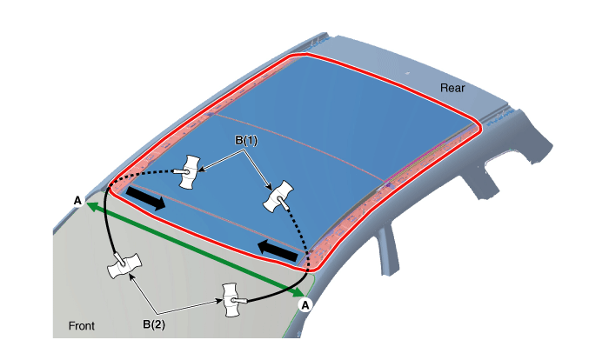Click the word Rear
[x=452, y=88]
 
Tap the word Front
[x=82, y=326]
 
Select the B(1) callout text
[x=246, y=140]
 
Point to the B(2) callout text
[x=154, y=324]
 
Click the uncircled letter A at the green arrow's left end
[x=77, y=201]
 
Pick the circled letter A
[x=305, y=305]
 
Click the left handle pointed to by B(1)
[x=189, y=172]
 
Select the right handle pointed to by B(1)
[x=279, y=197]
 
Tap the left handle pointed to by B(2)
[x=124, y=265]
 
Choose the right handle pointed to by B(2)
[x=232, y=300]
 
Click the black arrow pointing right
[x=146, y=198]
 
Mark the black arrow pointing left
[x=278, y=250]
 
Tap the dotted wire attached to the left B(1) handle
[x=140, y=175]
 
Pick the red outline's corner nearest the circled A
[x=312, y=267]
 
